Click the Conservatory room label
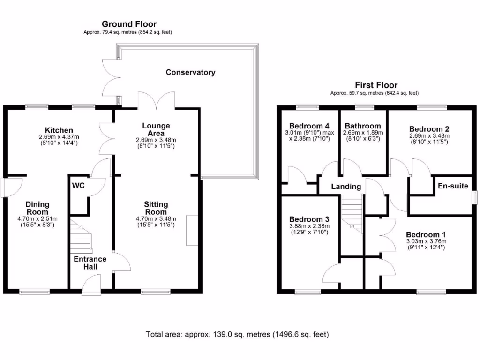click(x=190, y=73)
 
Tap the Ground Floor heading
click(x=129, y=24)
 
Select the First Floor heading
click(x=376, y=85)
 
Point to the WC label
click(x=78, y=186)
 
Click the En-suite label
click(x=453, y=186)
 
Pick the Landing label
click(x=346, y=187)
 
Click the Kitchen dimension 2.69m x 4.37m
click(x=59, y=137)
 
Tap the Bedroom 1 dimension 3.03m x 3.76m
click(x=426, y=241)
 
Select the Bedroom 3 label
click(x=309, y=219)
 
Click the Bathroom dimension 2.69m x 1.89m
click(x=363, y=133)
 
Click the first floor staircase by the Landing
click(x=352, y=214)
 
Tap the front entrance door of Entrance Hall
click(x=91, y=285)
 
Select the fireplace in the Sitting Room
click(x=192, y=231)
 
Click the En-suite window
click(x=474, y=197)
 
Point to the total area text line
click(x=237, y=334)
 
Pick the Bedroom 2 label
click(x=429, y=129)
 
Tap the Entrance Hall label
click(x=90, y=262)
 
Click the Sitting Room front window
click(x=156, y=291)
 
